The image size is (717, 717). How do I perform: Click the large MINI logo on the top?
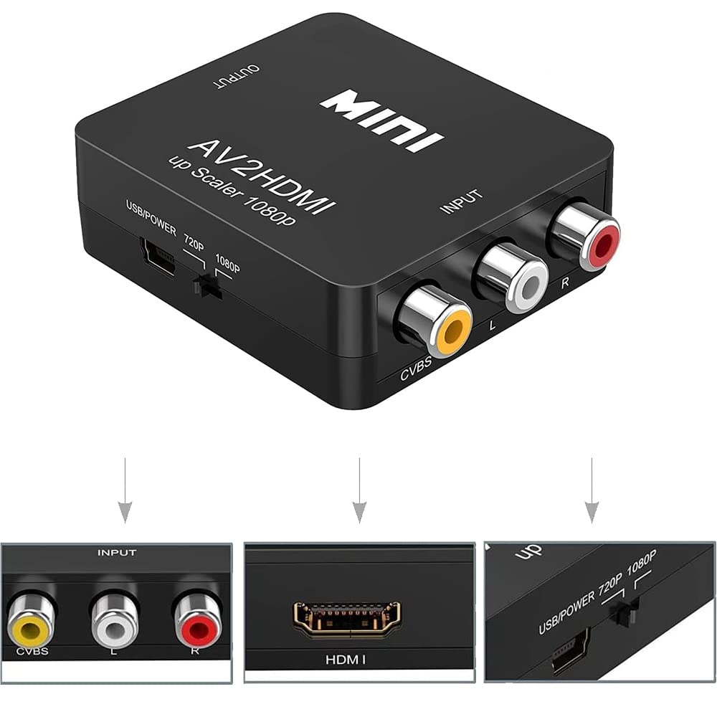coord(381,120)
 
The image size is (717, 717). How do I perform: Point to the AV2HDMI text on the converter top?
coord(262,177)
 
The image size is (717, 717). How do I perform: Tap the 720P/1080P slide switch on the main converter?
coord(208,286)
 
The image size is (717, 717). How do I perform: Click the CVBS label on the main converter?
coord(416,368)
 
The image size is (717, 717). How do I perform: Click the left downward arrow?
coord(125,490)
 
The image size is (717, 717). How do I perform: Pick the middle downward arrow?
coord(359,490)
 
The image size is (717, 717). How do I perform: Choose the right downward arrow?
coord(592,490)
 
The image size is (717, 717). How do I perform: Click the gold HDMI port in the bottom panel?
coord(346,619)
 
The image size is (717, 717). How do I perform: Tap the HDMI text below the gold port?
coord(346,660)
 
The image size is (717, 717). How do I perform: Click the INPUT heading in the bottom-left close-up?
coord(117,553)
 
